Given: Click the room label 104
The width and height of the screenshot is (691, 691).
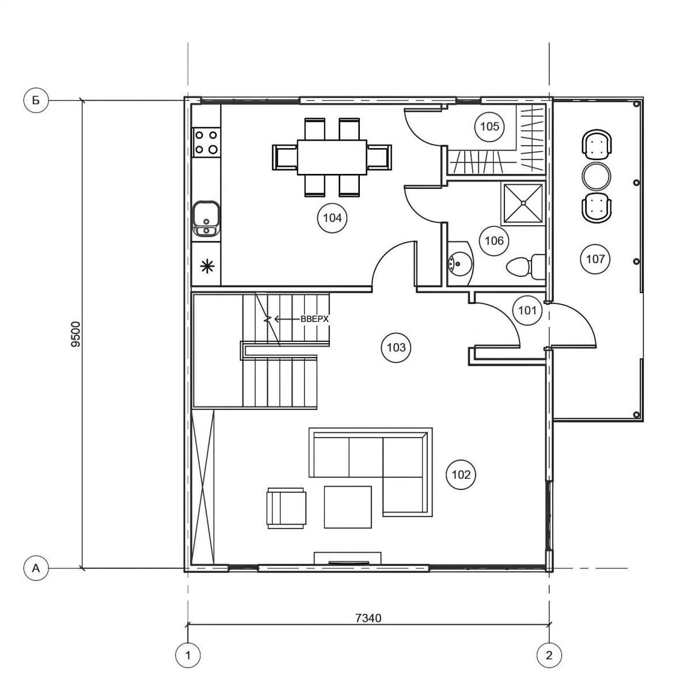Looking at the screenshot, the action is (x=332, y=218).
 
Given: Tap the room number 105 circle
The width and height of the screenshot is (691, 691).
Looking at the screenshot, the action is (x=489, y=127).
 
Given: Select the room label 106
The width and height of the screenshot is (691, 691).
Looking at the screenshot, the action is (x=494, y=241).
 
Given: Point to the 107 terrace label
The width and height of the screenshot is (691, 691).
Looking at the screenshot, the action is (x=595, y=259).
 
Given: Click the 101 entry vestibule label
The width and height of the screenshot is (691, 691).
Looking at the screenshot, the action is (x=527, y=310).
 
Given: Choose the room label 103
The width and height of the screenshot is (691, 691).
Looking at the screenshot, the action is (x=396, y=347).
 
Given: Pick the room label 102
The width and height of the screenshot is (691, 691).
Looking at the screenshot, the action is (x=461, y=474).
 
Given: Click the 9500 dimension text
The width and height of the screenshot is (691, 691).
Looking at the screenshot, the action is (x=77, y=334).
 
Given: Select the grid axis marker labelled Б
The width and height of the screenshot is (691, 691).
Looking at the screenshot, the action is (x=36, y=100).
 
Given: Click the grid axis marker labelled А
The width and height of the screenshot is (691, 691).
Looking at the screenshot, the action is (x=36, y=568).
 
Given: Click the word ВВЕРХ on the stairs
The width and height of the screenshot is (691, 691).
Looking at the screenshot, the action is (x=314, y=319).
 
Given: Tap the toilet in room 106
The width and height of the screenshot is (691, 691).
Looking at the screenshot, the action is (x=526, y=267).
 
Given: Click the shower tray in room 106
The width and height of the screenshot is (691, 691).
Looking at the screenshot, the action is (x=523, y=203).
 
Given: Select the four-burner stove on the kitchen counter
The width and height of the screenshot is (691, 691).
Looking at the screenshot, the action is (x=206, y=142).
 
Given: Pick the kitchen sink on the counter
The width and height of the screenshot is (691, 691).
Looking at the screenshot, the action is (x=206, y=218).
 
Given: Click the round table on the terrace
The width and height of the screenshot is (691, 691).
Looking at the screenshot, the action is (x=596, y=176).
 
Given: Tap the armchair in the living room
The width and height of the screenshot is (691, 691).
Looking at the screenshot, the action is (x=287, y=508).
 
